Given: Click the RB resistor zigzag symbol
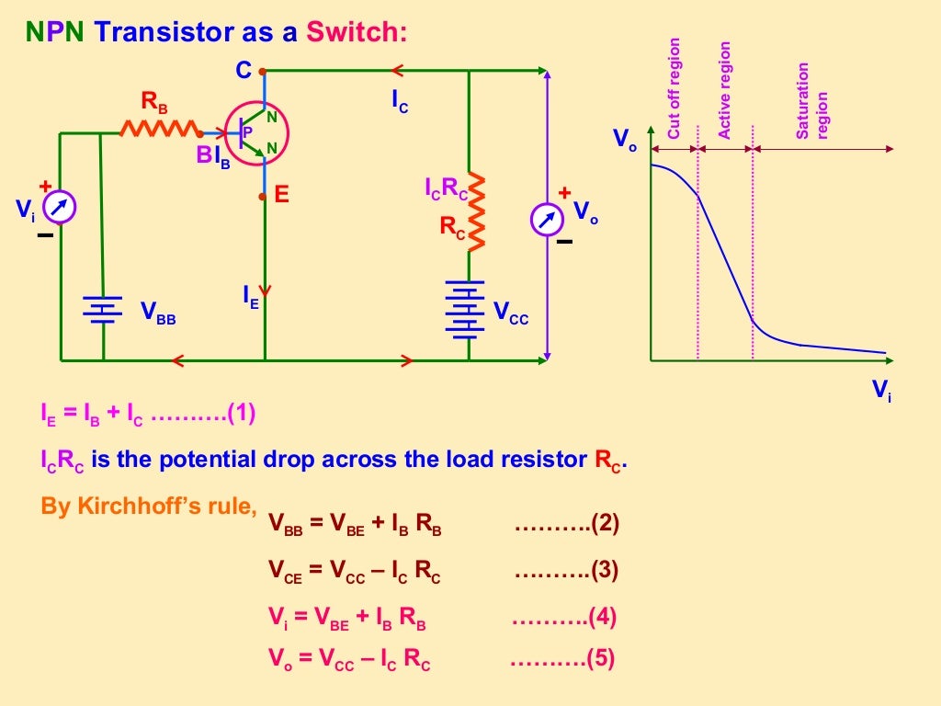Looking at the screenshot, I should [160, 129].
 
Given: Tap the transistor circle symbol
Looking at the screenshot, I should [257, 133].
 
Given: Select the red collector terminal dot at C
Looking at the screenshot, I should [263, 70].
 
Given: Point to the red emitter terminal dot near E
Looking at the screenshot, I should [264, 196].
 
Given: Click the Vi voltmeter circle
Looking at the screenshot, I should [60, 208].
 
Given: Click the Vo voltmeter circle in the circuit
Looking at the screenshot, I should [548, 219].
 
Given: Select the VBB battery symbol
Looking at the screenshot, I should [102, 311].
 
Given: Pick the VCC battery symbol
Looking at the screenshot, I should [468, 309].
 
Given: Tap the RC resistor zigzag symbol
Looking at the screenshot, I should [474, 211].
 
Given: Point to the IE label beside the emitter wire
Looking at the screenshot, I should [250, 296].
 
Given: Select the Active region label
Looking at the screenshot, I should [725, 90].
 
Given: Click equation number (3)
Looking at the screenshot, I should [604, 570].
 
